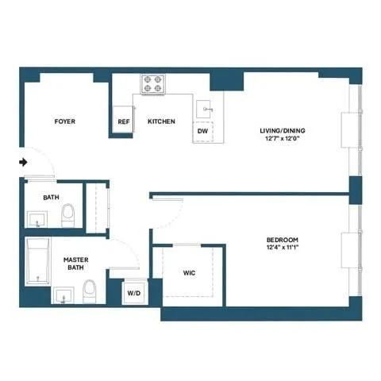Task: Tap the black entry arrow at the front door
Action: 24,163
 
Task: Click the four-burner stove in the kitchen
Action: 152,84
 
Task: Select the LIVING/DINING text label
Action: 283,130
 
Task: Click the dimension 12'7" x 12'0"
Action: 283,139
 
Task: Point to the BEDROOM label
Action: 282,240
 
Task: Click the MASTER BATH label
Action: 76,262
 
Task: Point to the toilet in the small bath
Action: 68,213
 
